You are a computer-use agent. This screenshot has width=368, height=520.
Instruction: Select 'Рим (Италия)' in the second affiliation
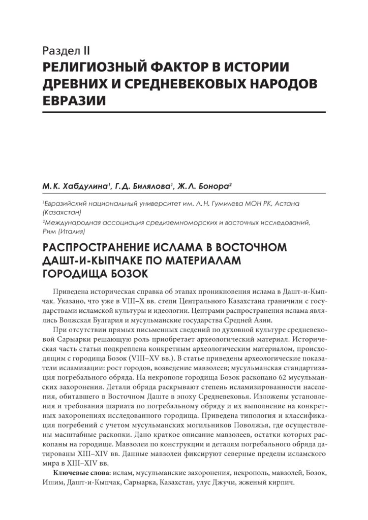[x=64, y=231]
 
